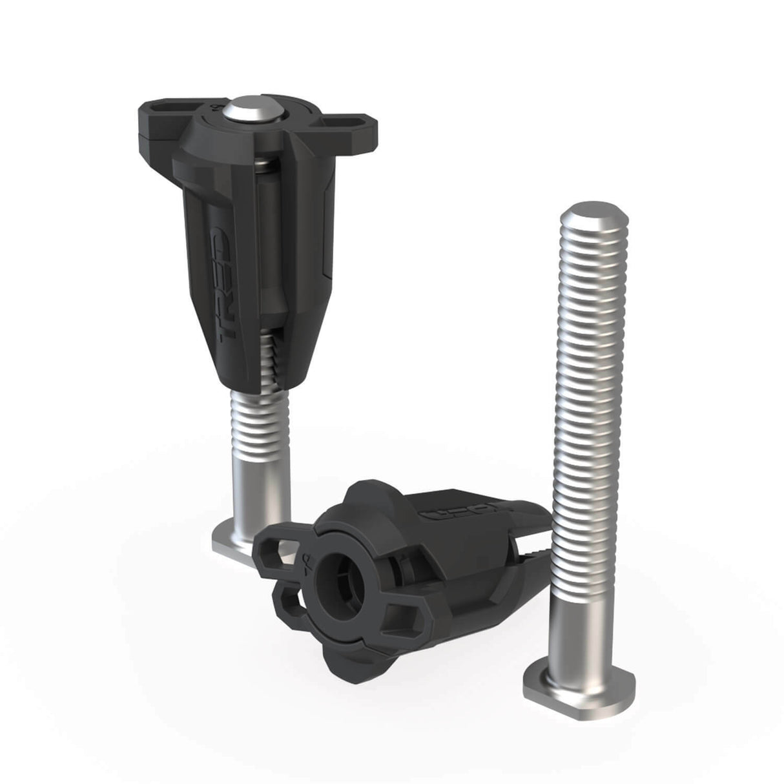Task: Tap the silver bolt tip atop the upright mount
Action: pos(249,108)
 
